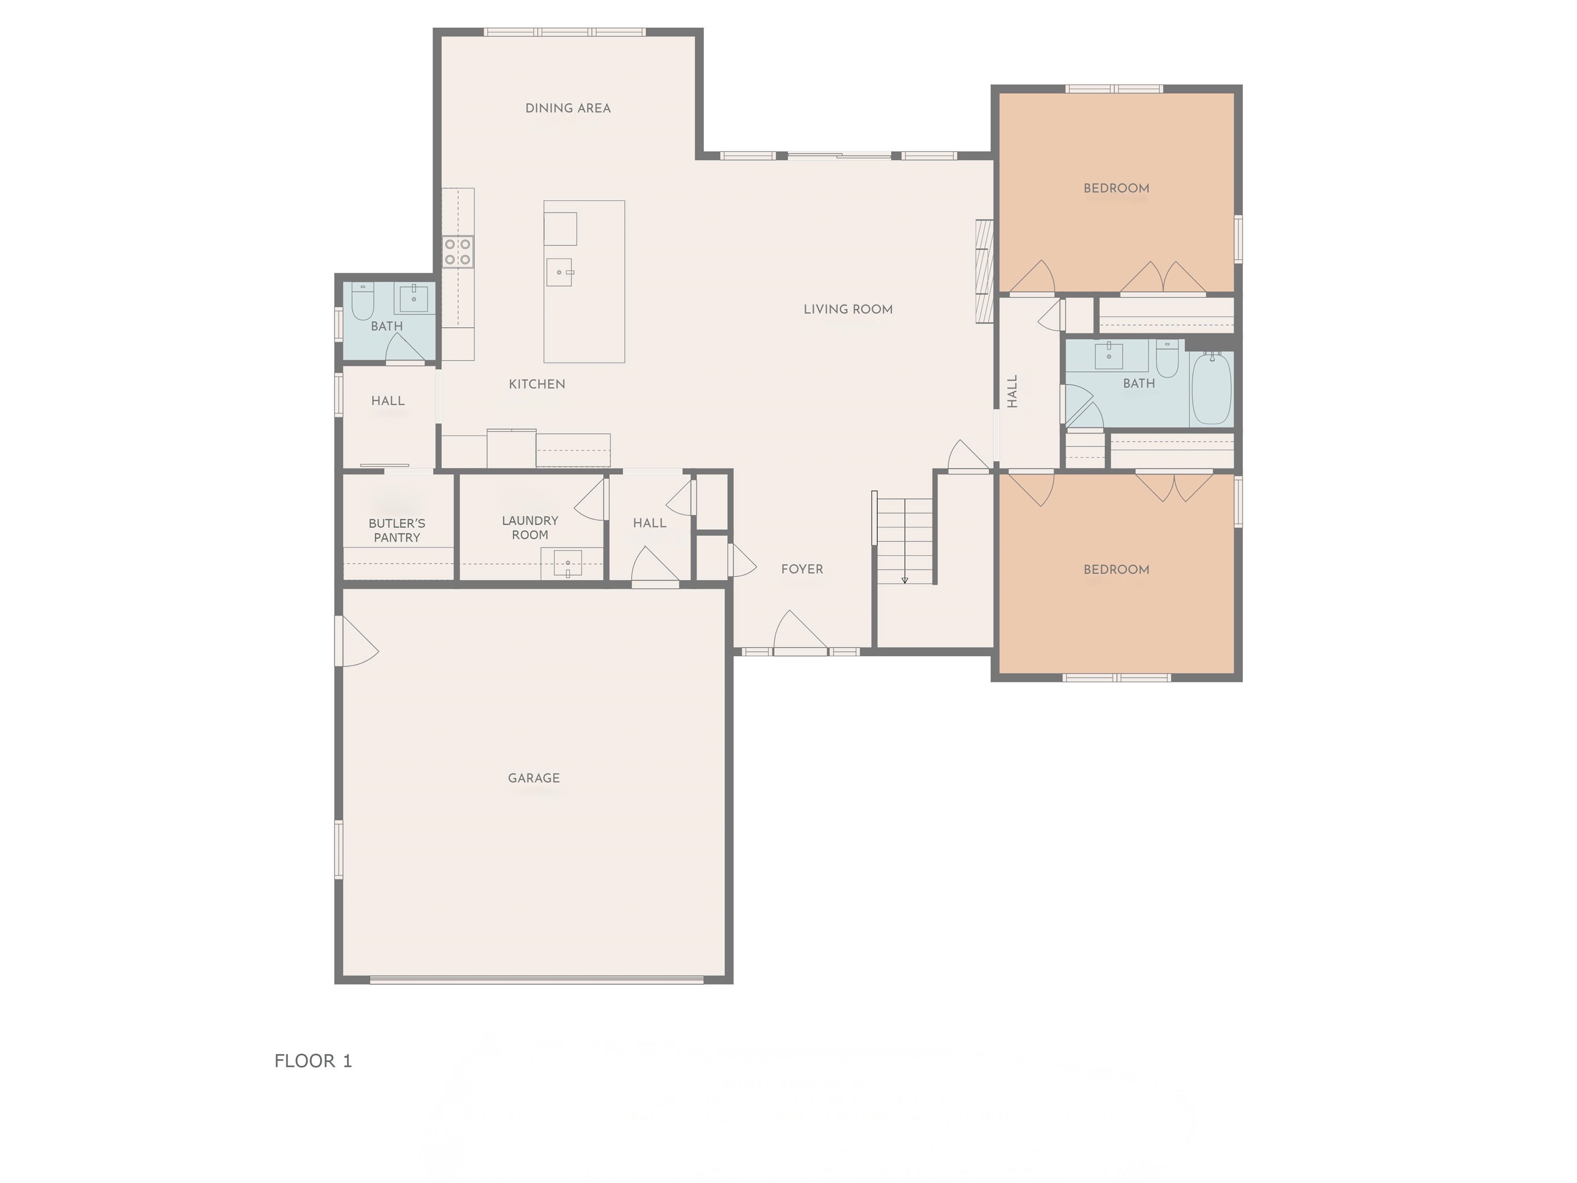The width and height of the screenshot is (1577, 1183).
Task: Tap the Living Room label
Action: click(848, 310)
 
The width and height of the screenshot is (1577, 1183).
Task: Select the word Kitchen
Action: click(537, 385)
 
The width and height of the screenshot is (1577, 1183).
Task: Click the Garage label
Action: click(533, 778)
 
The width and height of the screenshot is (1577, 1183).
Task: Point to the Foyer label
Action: click(802, 569)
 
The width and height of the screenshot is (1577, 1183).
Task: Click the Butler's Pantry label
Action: click(397, 530)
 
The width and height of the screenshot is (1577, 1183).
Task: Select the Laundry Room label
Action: click(530, 528)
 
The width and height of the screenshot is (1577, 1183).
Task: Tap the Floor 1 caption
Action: click(313, 1061)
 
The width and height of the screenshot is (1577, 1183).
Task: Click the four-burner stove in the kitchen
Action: click(458, 251)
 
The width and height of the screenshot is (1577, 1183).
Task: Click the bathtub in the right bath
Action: click(1211, 389)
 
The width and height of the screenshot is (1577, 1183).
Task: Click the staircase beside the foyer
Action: click(905, 541)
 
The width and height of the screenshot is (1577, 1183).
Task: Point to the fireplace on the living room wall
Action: click(985, 271)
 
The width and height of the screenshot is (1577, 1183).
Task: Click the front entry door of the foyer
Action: click(801, 633)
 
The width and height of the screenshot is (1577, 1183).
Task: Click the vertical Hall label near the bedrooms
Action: click(1012, 391)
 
